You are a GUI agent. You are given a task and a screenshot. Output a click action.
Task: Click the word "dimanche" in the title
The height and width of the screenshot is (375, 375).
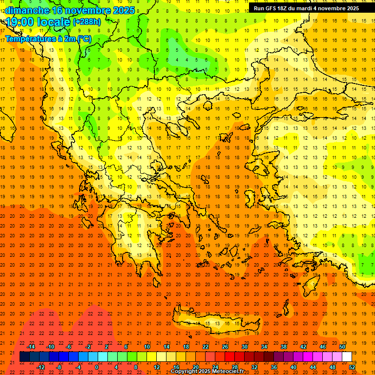click(27, 10)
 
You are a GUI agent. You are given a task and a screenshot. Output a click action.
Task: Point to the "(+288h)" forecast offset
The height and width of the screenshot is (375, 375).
click(87, 22)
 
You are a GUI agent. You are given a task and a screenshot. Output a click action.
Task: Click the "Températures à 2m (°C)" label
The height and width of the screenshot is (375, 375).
click(48, 39)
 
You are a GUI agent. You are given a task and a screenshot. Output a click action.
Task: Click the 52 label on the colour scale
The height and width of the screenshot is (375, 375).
click(352, 367)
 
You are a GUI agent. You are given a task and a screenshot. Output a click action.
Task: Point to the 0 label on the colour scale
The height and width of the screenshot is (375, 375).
click(97, 367)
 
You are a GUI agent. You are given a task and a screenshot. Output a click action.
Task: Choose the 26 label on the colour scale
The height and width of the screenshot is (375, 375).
click(225, 347)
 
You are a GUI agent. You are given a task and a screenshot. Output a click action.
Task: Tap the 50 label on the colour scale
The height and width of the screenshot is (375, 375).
click(342, 347)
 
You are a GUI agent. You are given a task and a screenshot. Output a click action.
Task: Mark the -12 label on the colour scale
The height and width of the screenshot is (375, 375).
click(41, 367)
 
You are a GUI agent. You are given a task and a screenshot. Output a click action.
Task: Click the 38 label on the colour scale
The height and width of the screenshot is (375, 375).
click(283, 347)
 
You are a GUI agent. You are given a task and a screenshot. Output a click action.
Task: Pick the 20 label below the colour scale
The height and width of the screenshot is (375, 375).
click(195, 367)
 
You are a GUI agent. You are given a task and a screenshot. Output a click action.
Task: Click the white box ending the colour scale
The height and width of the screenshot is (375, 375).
click(347, 356)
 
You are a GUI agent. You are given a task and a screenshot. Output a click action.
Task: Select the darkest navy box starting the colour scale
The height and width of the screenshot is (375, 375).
click(24, 356)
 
